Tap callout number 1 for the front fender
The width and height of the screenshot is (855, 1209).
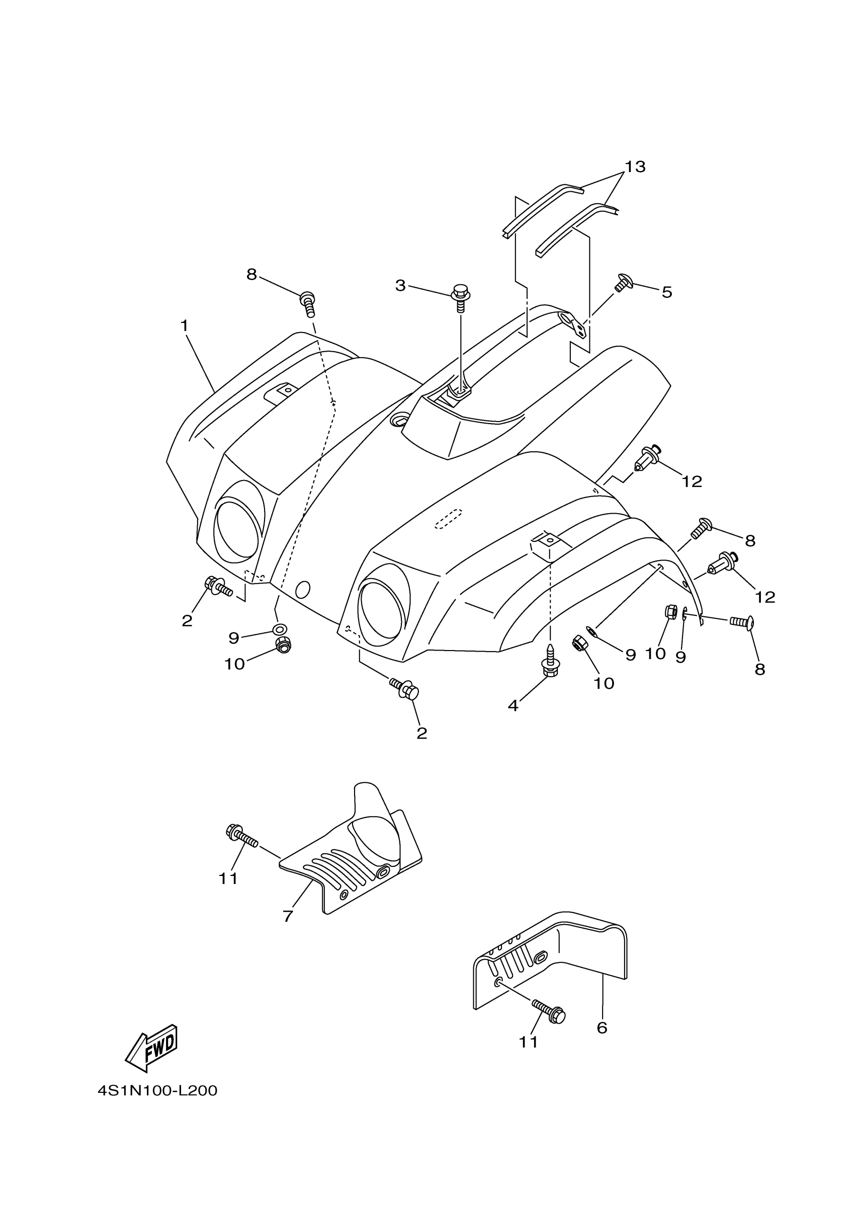[x=184, y=327]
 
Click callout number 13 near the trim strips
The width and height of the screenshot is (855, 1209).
[x=635, y=167]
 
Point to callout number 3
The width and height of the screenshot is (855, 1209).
[x=401, y=285]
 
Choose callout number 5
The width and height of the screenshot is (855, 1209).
[x=667, y=292]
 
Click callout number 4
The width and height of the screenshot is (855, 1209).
[x=514, y=705]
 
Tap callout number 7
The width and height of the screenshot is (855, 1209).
[x=288, y=916]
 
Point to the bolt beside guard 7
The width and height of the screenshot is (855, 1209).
[x=241, y=836]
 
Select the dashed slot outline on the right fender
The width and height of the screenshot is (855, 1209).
[x=448, y=519]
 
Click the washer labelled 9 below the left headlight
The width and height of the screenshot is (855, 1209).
[x=280, y=629]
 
